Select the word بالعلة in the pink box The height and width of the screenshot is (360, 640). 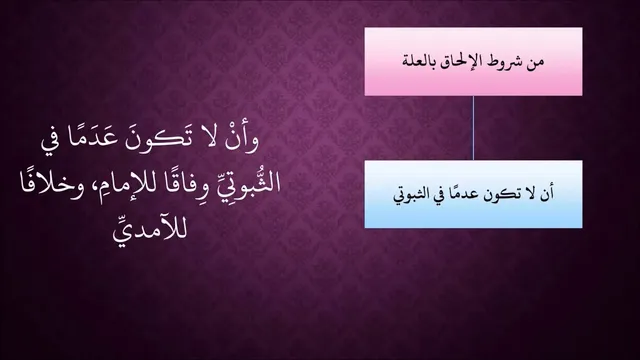coord(419,62)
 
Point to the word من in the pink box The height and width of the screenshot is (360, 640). coord(536,62)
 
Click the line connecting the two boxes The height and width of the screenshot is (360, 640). coord(473,128)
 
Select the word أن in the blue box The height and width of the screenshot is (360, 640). coord(547,193)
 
